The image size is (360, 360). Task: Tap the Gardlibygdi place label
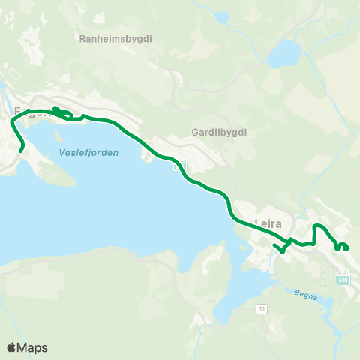pyautogui.click(x=220, y=131)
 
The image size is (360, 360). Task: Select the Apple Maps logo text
pyautogui.click(x=34, y=347)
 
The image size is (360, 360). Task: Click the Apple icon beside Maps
pyautogui.click(x=12, y=346)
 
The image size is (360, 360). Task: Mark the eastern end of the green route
pyautogui.click(x=347, y=247)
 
